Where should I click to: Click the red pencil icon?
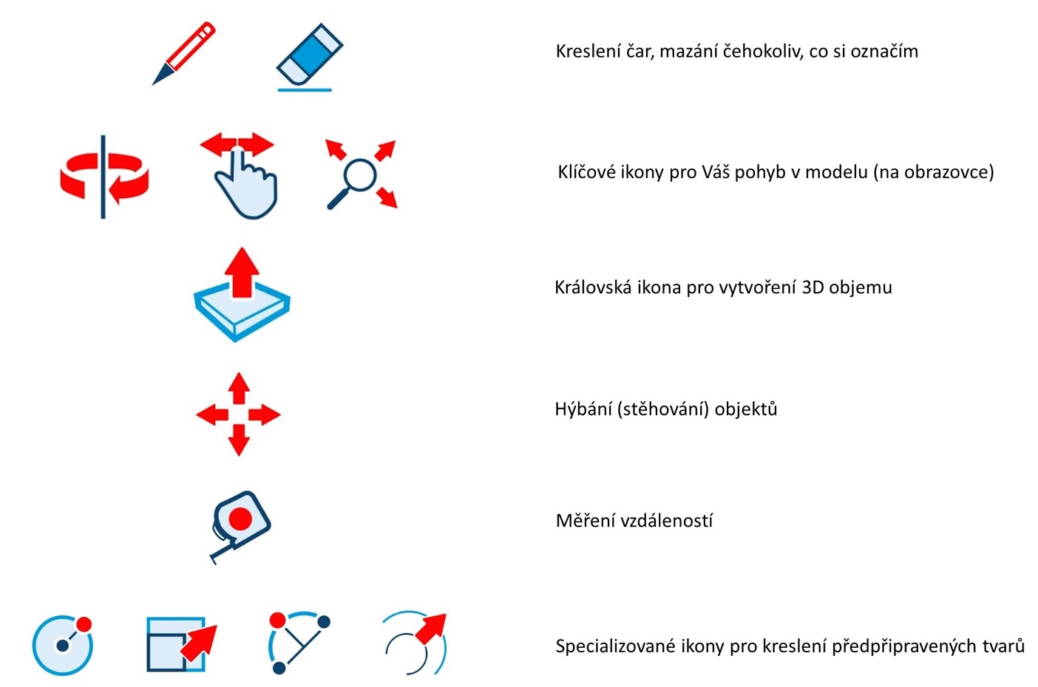point(184,52)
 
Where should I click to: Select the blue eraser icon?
point(310,57)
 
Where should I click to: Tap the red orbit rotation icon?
point(104,177)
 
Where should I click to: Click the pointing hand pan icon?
point(240,176)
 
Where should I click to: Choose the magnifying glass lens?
point(359,175)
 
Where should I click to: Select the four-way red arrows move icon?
point(239,414)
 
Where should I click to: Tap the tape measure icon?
point(240,527)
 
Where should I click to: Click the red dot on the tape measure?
point(240,519)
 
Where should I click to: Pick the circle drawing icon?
point(63,645)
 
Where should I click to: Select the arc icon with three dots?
point(299,643)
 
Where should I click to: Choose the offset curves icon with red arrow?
point(415,643)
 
